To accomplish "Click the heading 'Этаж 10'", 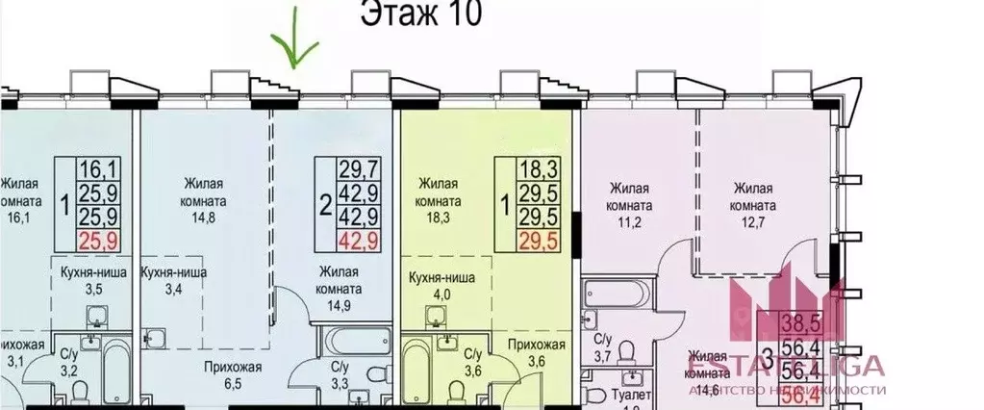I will coord(420,16).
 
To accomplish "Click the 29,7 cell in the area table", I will coord(357,170).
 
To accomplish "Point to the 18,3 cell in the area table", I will coord(515,170).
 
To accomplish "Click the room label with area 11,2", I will coord(630,196).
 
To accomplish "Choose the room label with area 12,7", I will coord(753,196).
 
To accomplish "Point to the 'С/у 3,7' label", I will coord(603,348).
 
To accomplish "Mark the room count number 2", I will coord(325,203).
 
